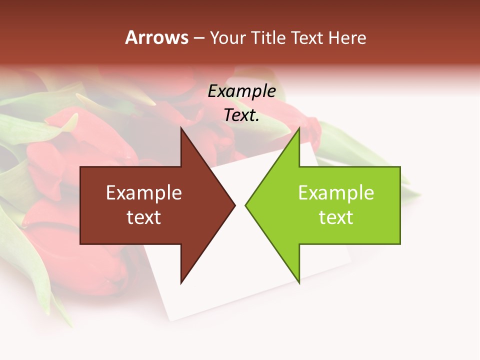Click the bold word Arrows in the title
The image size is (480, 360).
click(x=156, y=37)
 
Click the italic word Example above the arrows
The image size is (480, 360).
click(x=241, y=91)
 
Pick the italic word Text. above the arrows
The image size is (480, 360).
click(x=241, y=115)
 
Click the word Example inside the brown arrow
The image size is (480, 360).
click(x=143, y=193)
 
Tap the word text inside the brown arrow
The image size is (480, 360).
click(x=143, y=217)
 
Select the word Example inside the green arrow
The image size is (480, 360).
click(x=336, y=193)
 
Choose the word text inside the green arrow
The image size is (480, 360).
click(x=336, y=217)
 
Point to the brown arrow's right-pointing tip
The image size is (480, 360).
click(x=234, y=205)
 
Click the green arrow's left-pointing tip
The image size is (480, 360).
click(x=246, y=205)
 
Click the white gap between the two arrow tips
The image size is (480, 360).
click(x=240, y=205)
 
